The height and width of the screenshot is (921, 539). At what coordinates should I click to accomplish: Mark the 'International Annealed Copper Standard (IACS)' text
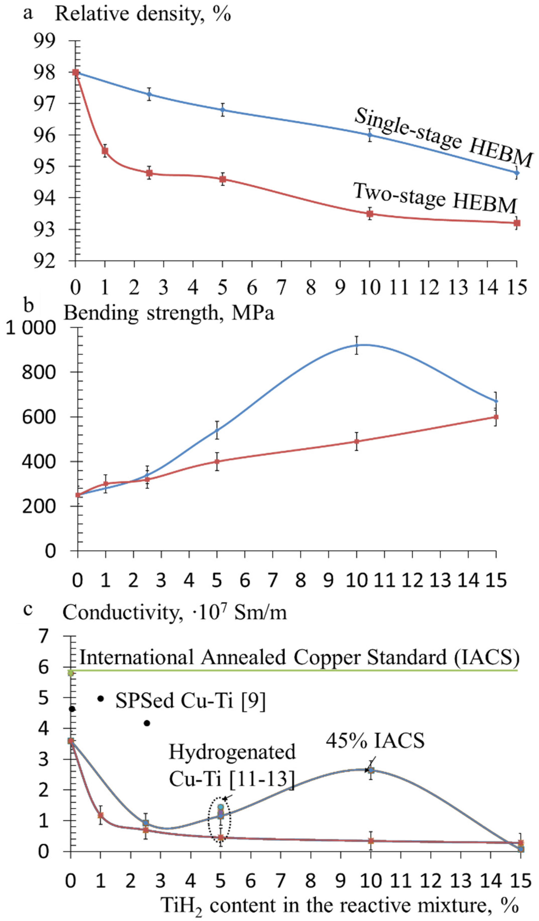tap(299, 657)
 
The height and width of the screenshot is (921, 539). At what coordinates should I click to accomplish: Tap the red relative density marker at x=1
tap(105, 150)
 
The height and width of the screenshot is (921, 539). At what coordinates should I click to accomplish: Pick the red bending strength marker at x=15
tap(496, 417)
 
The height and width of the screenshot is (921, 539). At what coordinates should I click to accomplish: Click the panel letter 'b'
tap(28, 305)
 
